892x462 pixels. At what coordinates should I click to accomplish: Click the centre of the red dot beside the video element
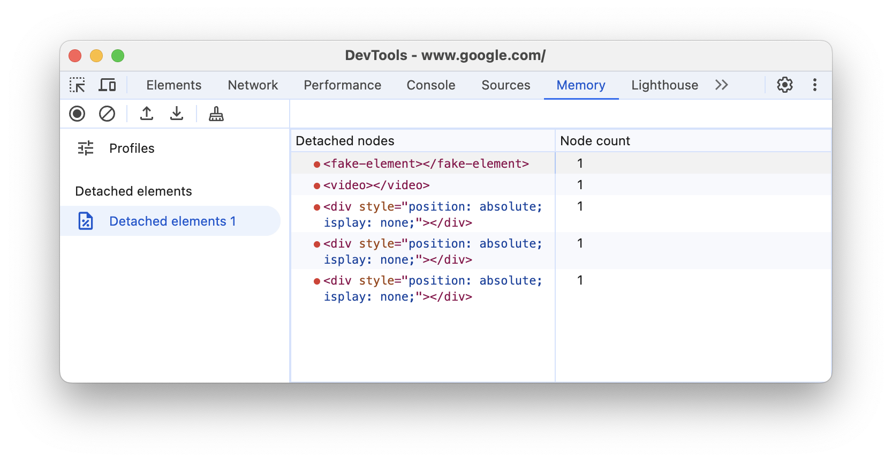tap(317, 186)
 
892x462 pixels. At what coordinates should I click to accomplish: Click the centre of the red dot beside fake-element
tap(317, 164)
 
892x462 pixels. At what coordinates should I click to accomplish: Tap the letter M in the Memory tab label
tap(562, 85)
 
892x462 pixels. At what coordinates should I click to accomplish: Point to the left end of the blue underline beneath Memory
tap(545, 98)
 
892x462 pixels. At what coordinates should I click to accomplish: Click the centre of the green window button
tap(118, 56)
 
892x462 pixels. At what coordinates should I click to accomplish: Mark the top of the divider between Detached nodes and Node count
tap(555, 130)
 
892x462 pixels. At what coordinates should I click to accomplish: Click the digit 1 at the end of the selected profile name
tap(232, 221)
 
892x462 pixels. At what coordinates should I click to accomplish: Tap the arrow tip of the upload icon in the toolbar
tap(147, 107)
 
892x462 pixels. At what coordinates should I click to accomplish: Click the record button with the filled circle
tap(77, 114)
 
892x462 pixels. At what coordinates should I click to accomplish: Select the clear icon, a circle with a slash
tap(107, 114)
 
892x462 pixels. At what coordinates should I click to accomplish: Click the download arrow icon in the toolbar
tap(176, 114)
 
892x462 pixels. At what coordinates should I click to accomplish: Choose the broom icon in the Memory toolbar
tap(216, 114)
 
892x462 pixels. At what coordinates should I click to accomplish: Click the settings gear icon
tap(785, 85)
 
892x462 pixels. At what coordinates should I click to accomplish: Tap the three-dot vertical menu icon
tap(815, 85)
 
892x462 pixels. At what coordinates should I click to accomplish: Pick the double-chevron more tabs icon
tap(722, 85)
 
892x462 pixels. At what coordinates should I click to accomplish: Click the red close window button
tap(75, 56)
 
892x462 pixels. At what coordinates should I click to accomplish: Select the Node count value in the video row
tap(580, 185)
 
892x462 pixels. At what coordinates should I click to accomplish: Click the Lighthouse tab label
tap(664, 85)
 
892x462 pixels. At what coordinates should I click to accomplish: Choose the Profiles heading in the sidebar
tap(132, 148)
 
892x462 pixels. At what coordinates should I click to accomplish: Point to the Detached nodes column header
tap(345, 141)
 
